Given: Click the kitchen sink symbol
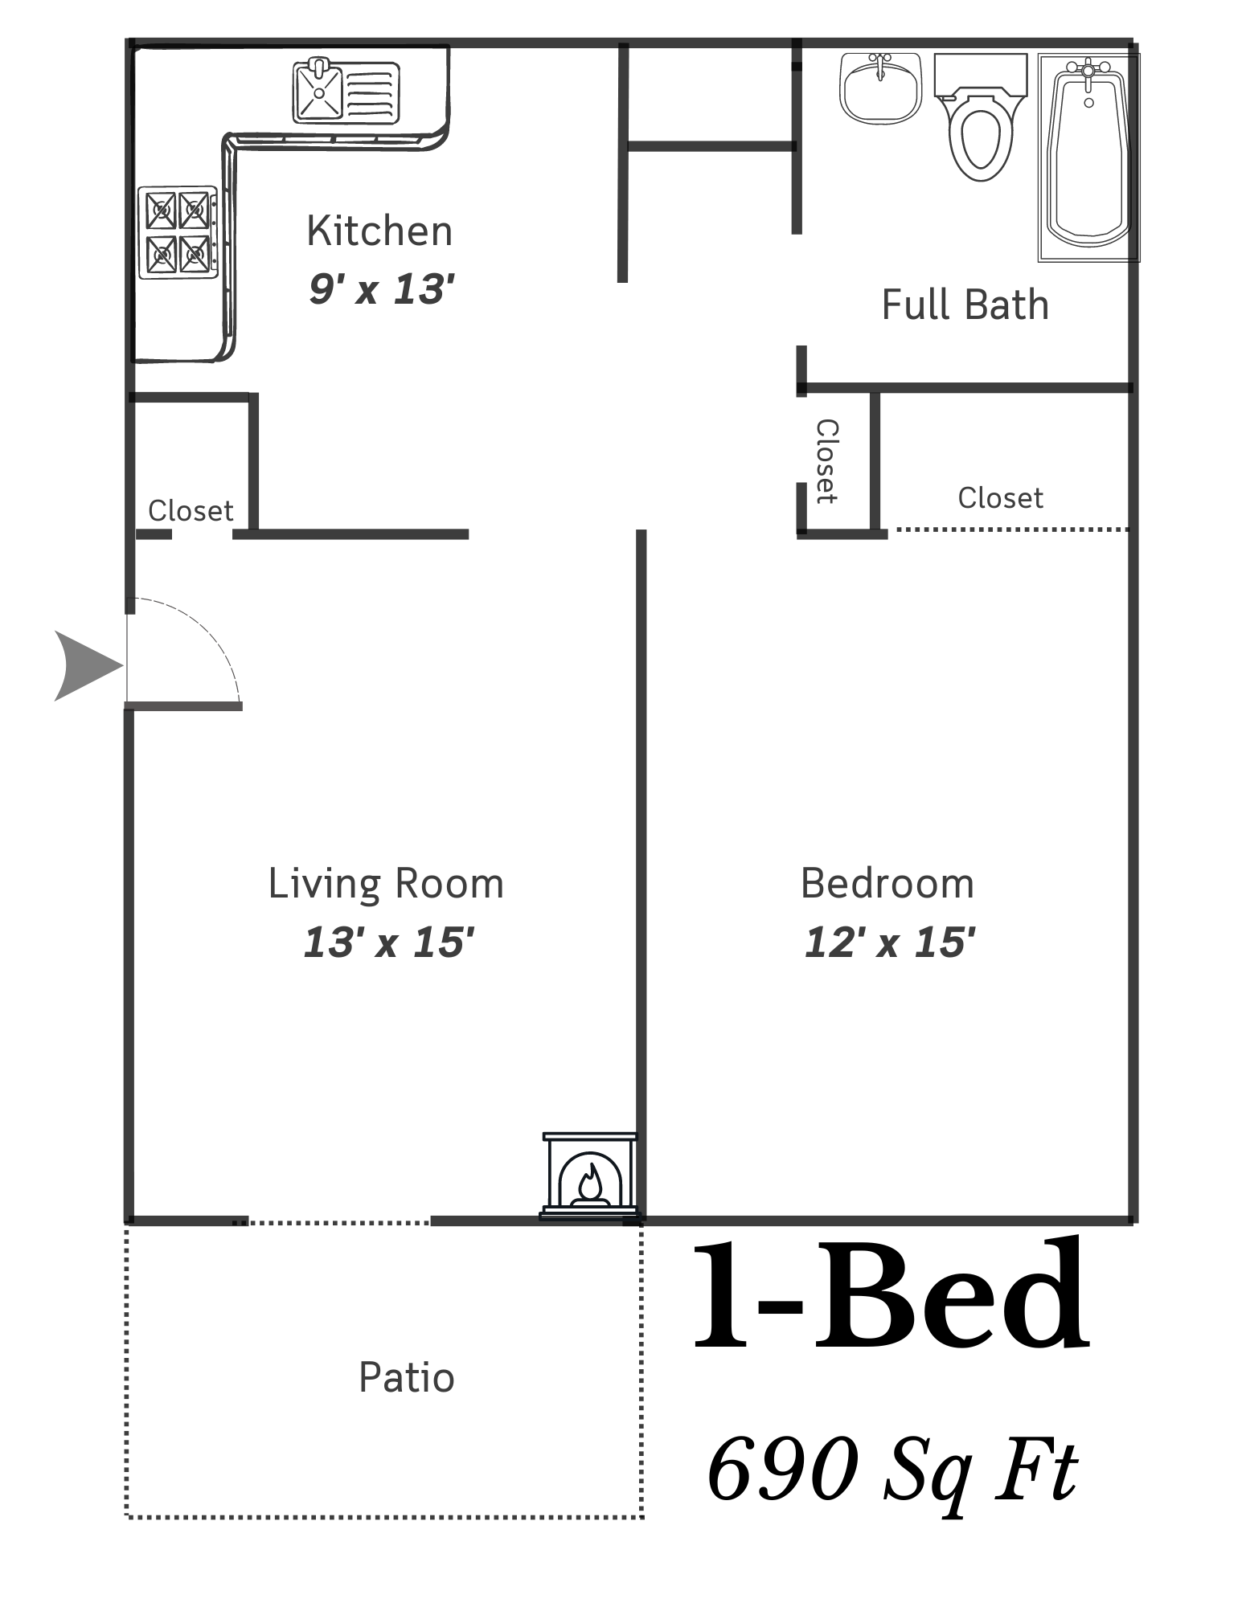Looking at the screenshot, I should click(x=346, y=92).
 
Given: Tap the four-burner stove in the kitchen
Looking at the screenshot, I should click(x=178, y=233).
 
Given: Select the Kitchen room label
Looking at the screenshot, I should click(x=379, y=231).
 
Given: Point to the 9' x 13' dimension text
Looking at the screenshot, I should click(x=382, y=288).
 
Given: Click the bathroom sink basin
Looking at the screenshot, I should click(x=880, y=88).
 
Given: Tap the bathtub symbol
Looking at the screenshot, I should click(x=1088, y=157).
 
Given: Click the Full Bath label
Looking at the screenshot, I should click(x=965, y=305).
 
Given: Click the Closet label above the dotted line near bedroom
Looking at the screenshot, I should click(x=1000, y=498).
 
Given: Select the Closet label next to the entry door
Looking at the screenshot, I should click(x=191, y=511).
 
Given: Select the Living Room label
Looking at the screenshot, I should click(x=386, y=884).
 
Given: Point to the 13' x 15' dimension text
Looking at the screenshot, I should click(x=389, y=942).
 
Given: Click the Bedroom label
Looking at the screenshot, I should click(x=887, y=884).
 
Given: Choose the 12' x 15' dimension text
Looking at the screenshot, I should click(x=890, y=942).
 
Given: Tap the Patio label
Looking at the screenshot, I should click(x=407, y=1377).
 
